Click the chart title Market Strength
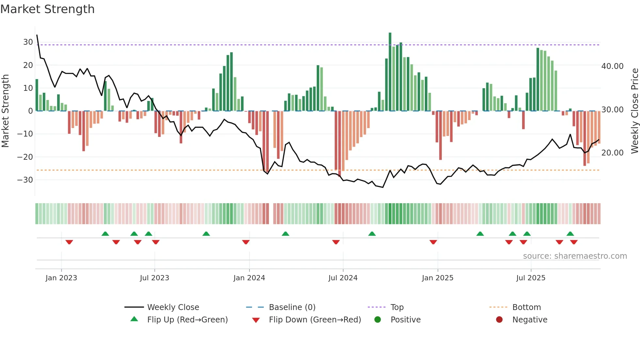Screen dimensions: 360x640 point(47,9)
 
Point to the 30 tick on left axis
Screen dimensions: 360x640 point(28,42)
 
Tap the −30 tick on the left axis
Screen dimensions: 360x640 point(25,180)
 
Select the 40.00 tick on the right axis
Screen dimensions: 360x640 point(612,66)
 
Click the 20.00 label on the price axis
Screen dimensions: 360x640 point(612,153)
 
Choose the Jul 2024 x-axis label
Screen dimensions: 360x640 point(343,278)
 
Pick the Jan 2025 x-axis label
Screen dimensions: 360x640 point(438,278)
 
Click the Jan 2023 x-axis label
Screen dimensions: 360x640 point(61,278)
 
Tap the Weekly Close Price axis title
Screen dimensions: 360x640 point(634,111)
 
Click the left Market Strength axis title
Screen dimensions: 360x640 point(5,111)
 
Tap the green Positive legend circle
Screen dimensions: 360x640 point(378,320)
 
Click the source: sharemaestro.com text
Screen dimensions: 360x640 point(575,256)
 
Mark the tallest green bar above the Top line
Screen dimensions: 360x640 point(390,39)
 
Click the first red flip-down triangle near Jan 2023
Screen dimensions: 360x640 point(69,242)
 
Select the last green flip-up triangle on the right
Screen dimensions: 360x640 point(570,234)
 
